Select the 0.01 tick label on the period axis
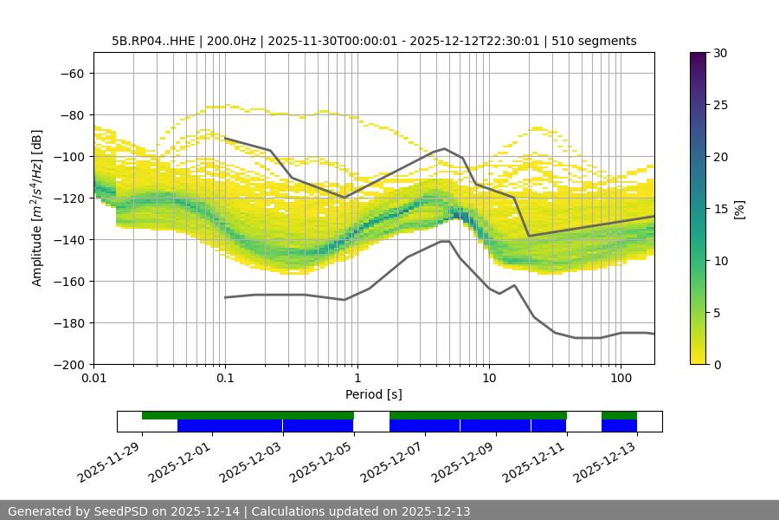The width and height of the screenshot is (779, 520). click(x=93, y=378)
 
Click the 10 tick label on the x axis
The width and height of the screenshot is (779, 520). click(x=489, y=378)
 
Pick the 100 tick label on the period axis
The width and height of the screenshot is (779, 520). click(x=621, y=378)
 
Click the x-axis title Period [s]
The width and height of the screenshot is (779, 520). click(x=374, y=394)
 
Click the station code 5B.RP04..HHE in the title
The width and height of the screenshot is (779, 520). click(x=154, y=41)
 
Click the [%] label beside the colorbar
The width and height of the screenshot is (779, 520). click(x=739, y=209)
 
